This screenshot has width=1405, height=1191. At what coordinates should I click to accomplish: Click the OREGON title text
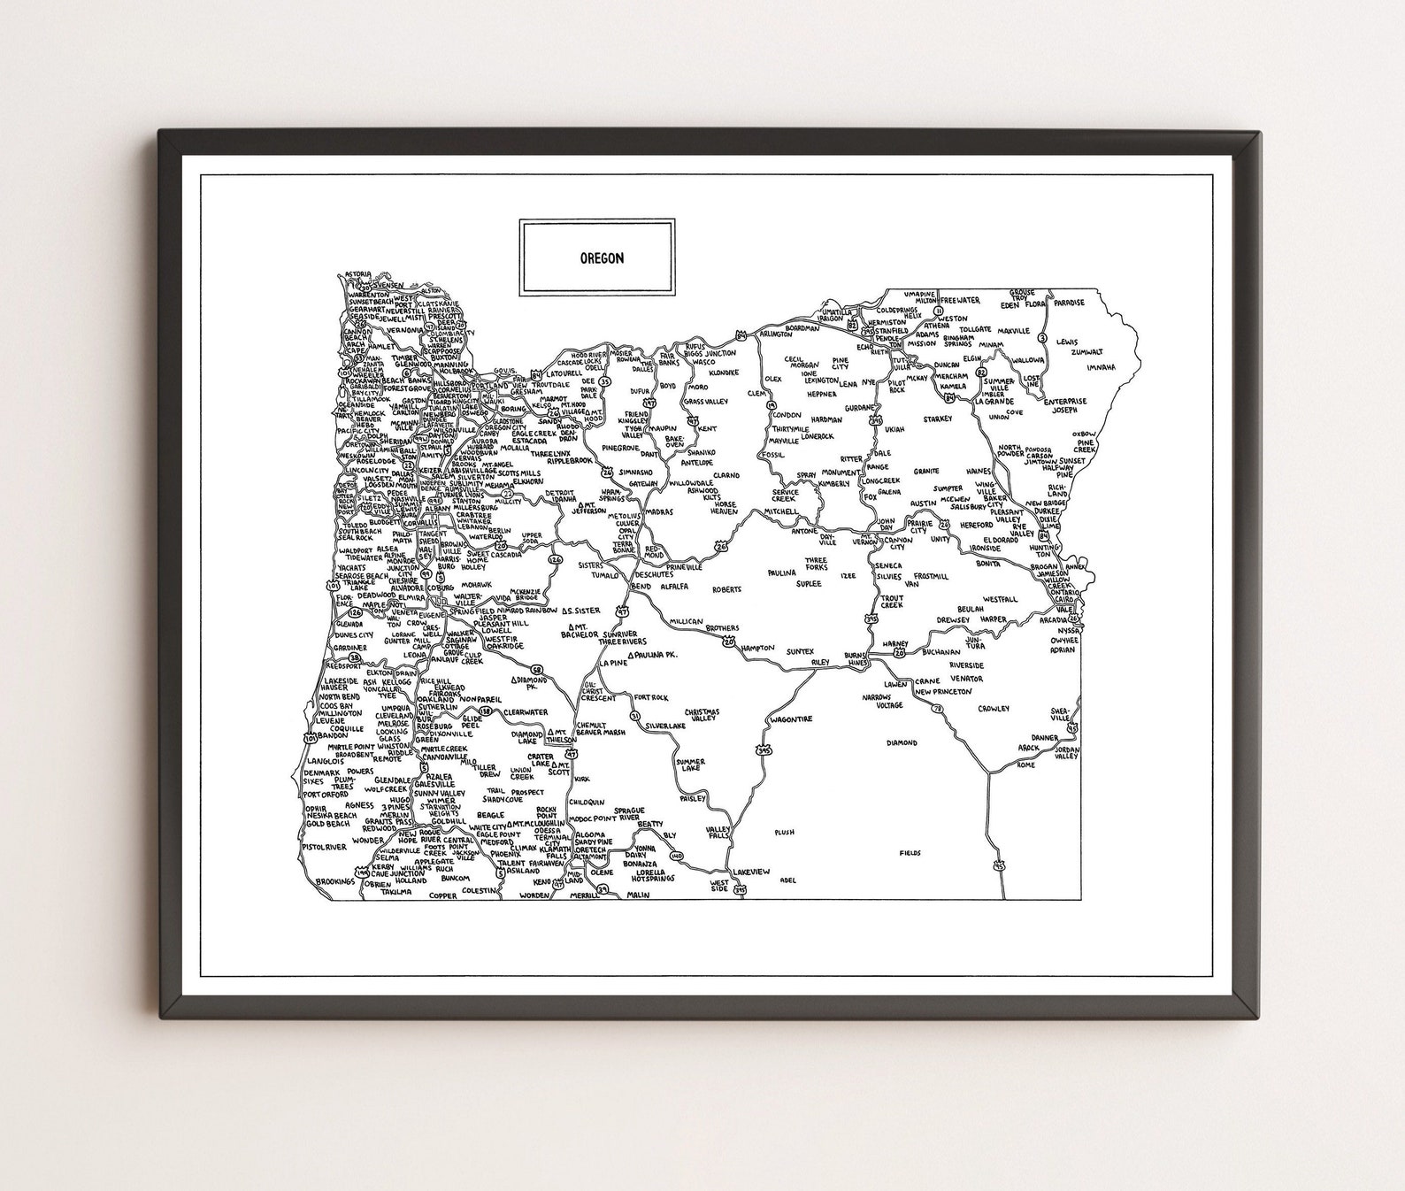click(602, 258)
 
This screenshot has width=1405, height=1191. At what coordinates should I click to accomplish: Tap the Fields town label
click(910, 853)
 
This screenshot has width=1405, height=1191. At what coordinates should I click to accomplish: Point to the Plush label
click(784, 832)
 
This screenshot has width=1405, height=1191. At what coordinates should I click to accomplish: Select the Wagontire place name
click(791, 719)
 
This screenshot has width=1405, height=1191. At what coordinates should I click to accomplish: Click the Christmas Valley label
click(702, 716)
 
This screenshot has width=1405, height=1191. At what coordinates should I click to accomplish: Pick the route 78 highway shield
click(936, 709)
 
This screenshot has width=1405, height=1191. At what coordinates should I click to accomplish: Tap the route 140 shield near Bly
click(679, 856)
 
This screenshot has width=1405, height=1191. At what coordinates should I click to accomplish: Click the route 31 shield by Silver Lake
click(634, 715)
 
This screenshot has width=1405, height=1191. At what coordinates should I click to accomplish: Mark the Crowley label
click(994, 709)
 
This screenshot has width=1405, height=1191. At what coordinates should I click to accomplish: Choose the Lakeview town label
click(752, 872)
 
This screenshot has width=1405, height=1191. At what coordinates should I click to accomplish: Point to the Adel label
click(789, 880)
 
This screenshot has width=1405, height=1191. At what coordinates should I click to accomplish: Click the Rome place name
click(1025, 765)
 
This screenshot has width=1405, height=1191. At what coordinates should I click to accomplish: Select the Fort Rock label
click(651, 697)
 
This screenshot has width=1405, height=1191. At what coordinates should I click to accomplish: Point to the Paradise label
click(1069, 302)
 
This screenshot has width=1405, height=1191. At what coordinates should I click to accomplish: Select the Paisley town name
click(693, 797)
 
